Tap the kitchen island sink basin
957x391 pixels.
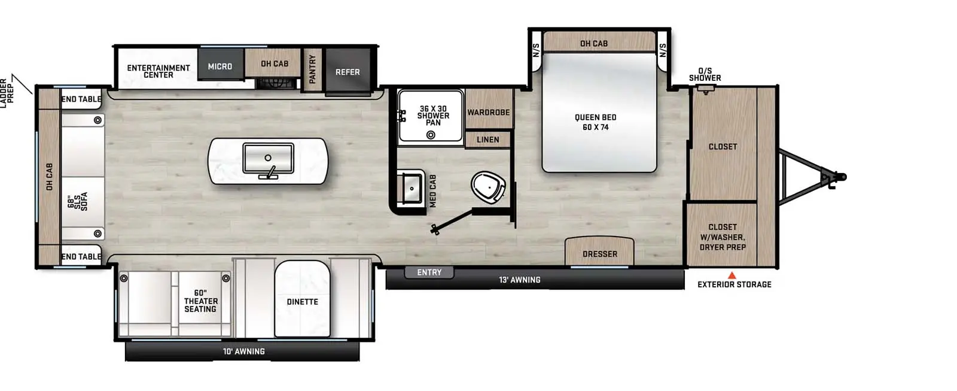click(x=268, y=158)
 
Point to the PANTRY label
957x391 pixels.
click(x=312, y=69)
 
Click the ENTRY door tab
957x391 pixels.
click(x=429, y=272)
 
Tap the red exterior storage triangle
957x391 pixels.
click(x=732, y=275)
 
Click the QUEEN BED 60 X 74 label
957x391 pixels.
click(x=596, y=122)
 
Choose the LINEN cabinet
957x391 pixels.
click(x=488, y=140)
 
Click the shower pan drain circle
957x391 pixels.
click(x=431, y=135)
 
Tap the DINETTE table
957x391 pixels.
click(x=302, y=299)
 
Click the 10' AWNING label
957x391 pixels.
click(x=244, y=351)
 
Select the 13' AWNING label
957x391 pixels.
click(x=520, y=280)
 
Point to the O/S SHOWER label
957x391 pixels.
click(x=705, y=74)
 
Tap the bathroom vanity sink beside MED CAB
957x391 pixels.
click(x=411, y=188)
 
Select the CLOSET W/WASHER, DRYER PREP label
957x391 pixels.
click(x=723, y=237)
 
